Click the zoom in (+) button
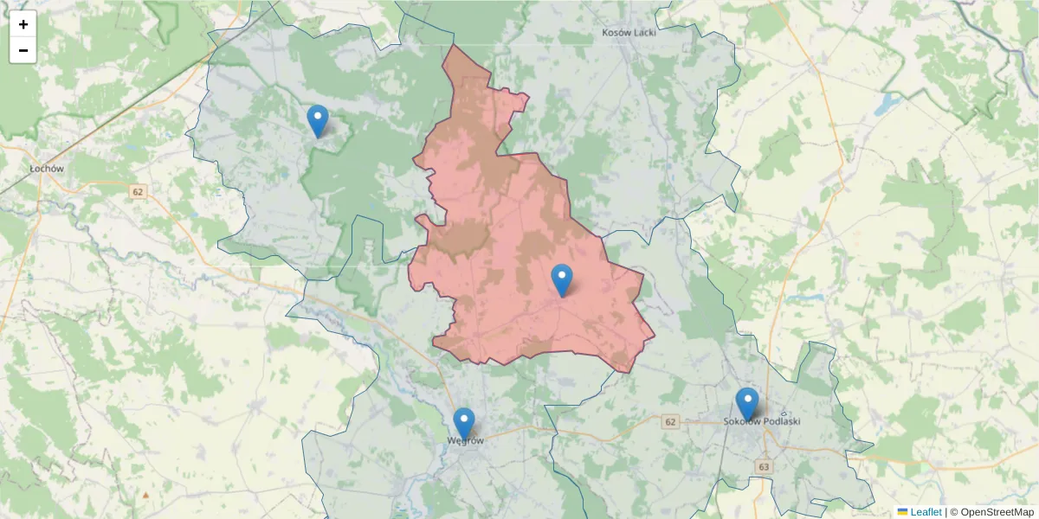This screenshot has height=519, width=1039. click(x=23, y=24)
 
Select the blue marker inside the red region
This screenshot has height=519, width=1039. click(x=562, y=279)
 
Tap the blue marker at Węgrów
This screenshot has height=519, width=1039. click(x=464, y=423)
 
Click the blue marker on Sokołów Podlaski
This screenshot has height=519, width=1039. click(x=747, y=403)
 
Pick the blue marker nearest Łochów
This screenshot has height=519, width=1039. click(x=318, y=120)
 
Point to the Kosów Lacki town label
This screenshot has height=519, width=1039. click(x=629, y=33)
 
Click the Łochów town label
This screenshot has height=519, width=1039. click(x=47, y=169)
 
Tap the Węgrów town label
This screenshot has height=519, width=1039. click(x=464, y=439)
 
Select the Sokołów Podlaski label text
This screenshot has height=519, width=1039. click(x=762, y=421)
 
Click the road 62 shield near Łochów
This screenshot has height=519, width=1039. click(x=138, y=190)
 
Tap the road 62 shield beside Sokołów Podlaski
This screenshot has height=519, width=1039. click(x=669, y=421)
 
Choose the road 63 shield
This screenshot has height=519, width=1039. click(x=763, y=466)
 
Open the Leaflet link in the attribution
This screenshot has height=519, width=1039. click(x=926, y=512)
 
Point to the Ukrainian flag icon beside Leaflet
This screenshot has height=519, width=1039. click(x=902, y=512)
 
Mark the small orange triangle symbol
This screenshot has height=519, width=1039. click(x=145, y=496)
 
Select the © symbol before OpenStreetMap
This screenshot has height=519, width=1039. click(x=953, y=512)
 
